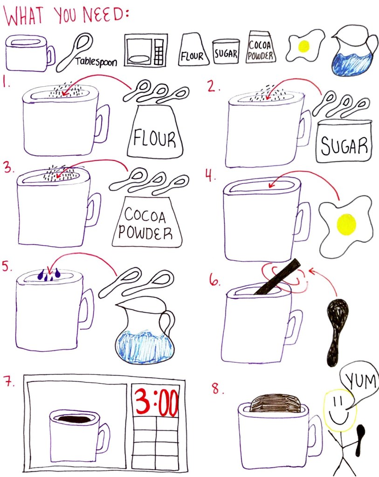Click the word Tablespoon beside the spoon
tap(96, 62)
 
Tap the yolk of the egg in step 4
tap(346, 224)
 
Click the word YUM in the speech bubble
tap(361, 380)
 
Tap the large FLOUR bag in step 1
tap(155, 131)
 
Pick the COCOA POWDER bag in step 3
tap(146, 221)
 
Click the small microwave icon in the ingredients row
tap(146, 50)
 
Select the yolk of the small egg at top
tap(303, 47)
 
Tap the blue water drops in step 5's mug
tap(48, 275)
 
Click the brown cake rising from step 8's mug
tap(275, 403)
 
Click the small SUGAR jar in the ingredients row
tap(226, 51)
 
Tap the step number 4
tap(210, 175)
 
